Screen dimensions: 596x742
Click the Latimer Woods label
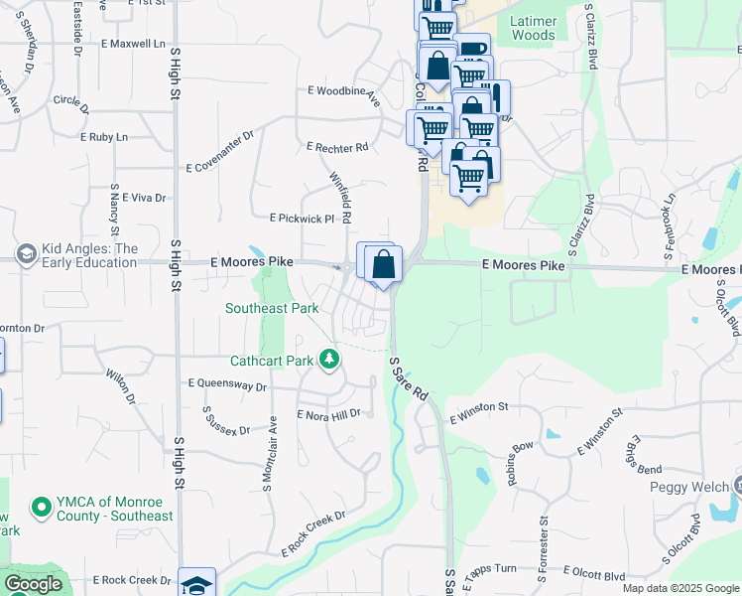(x=533, y=28)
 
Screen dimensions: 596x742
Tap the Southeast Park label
(x=272, y=309)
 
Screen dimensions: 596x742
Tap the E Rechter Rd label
(x=337, y=147)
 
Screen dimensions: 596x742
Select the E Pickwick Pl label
(x=303, y=218)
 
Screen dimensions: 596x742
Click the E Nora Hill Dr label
(x=327, y=414)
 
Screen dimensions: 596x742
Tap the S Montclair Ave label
(x=267, y=452)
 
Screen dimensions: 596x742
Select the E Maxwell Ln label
(x=131, y=44)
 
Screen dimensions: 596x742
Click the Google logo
(x=33, y=584)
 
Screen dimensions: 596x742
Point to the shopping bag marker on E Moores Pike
(x=382, y=265)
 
